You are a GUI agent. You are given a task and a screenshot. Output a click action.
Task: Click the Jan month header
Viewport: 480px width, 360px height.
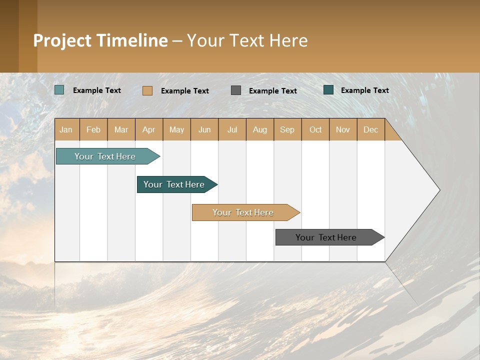66,129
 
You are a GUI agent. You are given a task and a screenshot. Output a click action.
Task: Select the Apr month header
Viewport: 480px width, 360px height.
149,129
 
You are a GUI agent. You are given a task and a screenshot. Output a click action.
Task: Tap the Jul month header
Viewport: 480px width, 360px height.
232,129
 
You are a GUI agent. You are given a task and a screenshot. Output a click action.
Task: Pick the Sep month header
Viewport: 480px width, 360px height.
287,129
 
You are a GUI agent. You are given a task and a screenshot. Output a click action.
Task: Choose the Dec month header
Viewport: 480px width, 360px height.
370,129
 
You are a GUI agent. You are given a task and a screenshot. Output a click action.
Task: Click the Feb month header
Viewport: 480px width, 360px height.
93,129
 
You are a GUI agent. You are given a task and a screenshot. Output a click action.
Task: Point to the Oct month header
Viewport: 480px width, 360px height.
315,129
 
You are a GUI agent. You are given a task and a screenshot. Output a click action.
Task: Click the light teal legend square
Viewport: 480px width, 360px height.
59,90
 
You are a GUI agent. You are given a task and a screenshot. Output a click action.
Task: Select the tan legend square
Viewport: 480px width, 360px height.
147,90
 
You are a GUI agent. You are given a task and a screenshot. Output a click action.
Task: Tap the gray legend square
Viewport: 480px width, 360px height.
236,90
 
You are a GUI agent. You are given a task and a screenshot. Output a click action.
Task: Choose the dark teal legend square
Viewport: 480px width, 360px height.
328,90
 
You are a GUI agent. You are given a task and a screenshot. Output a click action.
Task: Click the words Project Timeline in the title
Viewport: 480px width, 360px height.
100,40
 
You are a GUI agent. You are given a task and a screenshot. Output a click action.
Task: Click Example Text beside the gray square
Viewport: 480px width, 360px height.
272,91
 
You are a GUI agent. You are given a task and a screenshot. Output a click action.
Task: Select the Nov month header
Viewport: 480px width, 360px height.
343,129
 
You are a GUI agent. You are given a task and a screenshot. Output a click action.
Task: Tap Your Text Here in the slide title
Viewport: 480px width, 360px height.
247,40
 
